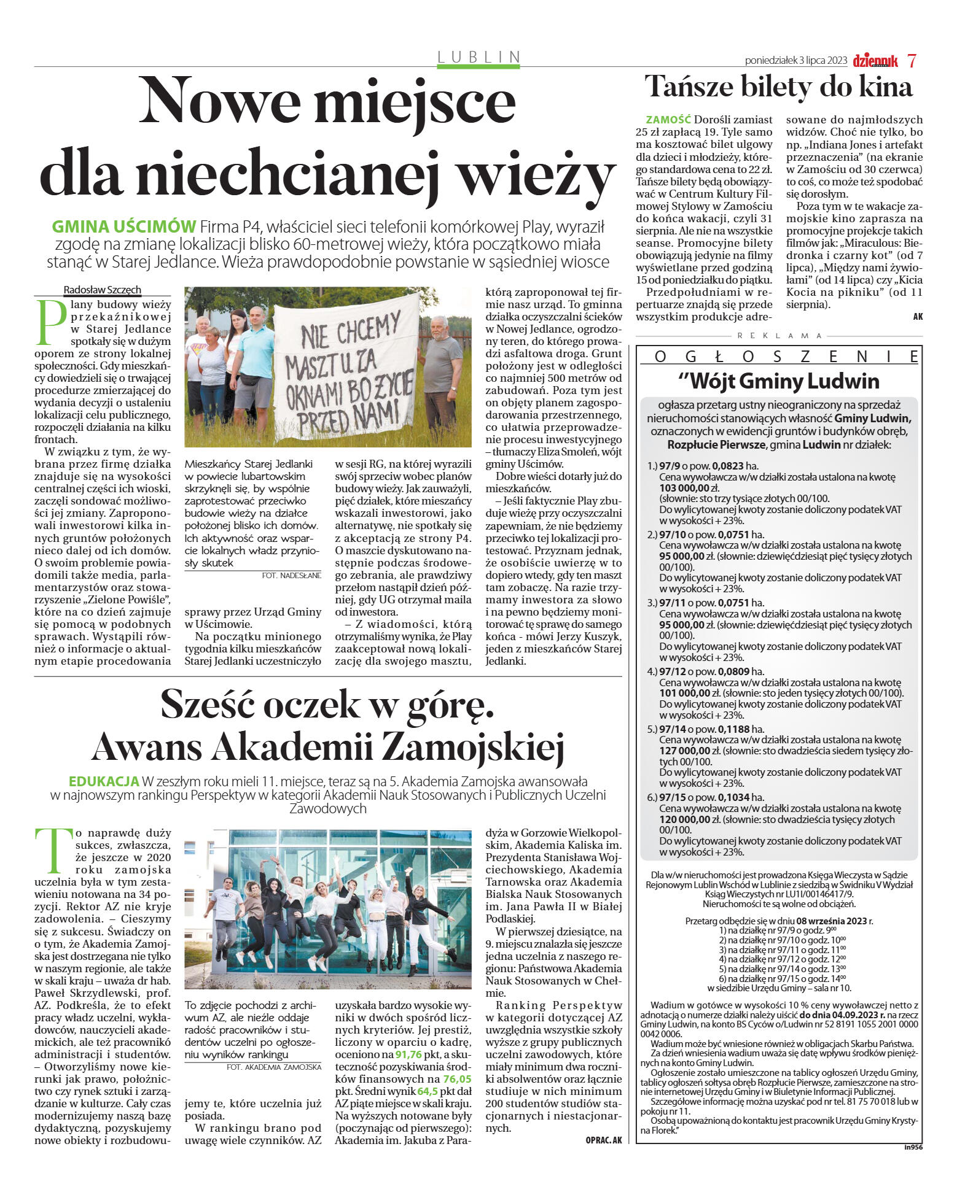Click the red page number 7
click(912, 61)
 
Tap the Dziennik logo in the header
click(875, 61)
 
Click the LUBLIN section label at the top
click(478, 57)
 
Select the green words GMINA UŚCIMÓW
click(123, 226)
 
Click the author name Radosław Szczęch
click(103, 290)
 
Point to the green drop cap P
click(50, 321)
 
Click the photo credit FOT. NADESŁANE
click(291, 575)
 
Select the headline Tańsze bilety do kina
click(778, 87)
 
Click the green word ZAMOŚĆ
click(668, 120)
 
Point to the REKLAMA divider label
click(779, 336)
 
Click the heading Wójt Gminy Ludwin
click(779, 381)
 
